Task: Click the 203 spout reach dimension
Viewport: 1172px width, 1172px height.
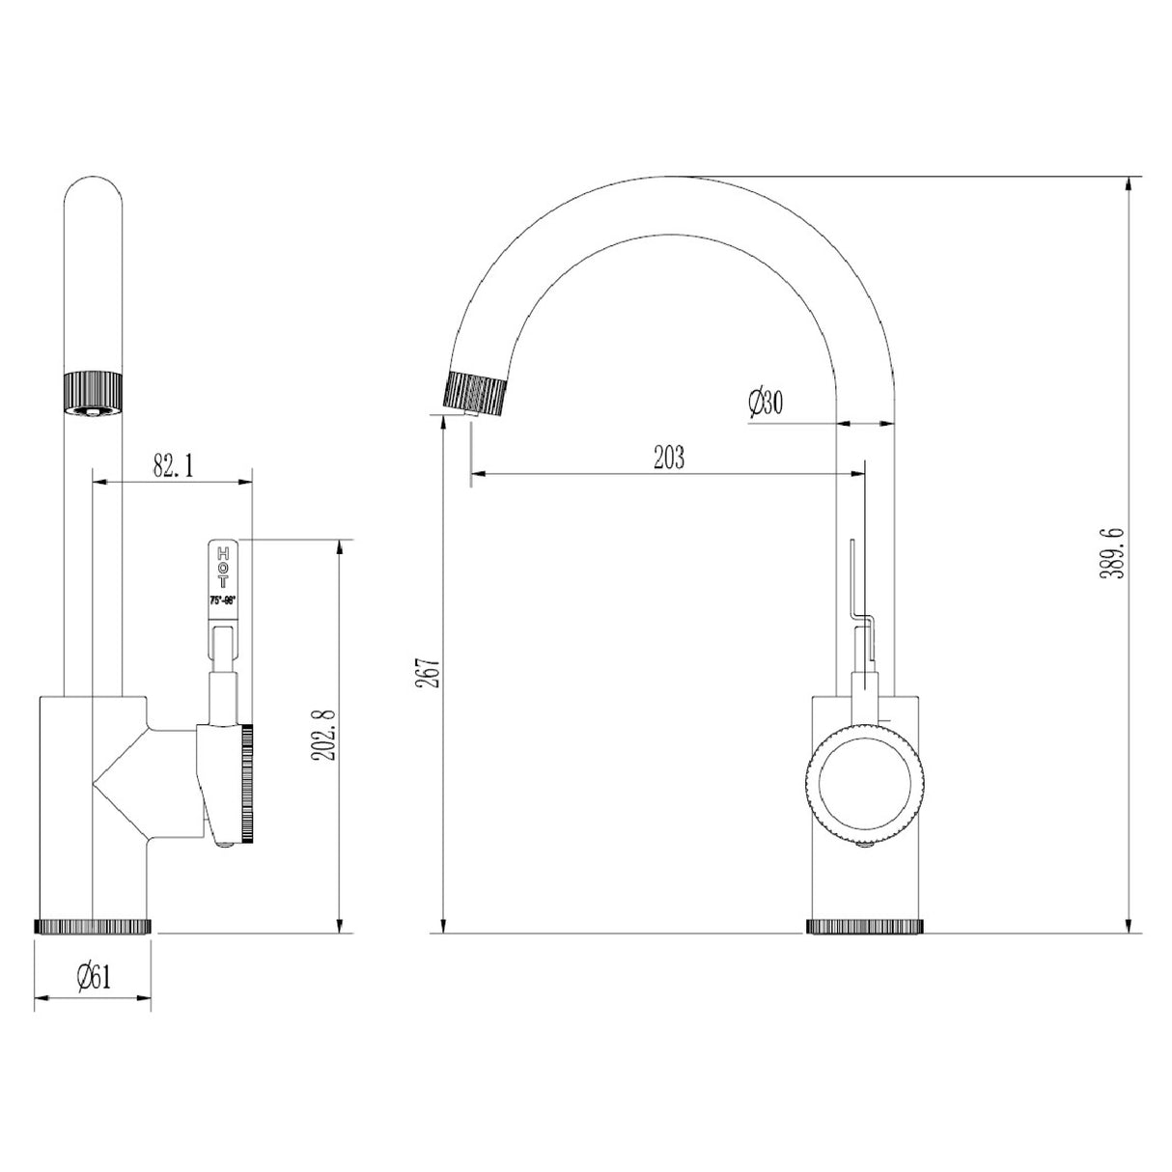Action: [667, 458]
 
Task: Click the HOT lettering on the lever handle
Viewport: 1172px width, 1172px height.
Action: [223, 569]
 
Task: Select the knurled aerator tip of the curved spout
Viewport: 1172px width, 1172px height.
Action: [475, 393]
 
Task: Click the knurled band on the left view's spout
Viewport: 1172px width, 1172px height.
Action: [93, 391]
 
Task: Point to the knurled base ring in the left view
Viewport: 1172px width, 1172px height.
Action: [93, 926]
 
